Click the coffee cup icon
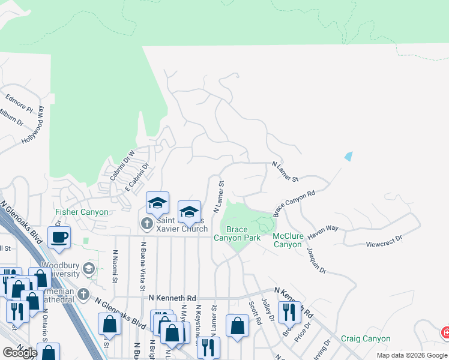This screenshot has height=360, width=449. (59, 236)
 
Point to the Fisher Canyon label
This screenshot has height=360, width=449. (82, 212)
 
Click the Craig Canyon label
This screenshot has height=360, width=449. (366, 338)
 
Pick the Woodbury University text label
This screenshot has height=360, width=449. (60, 269)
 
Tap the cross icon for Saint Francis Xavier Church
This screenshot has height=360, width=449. (146, 224)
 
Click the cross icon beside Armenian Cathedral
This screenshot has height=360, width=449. (83, 295)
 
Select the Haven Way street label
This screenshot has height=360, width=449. (324, 229)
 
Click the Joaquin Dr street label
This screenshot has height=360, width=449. (316, 261)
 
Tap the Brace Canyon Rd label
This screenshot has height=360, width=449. (294, 204)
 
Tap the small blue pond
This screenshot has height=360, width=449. (349, 157)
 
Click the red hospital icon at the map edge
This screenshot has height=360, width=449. (445, 332)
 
